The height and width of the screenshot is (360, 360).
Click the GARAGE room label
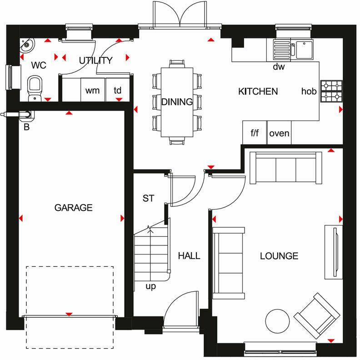pos(73,208)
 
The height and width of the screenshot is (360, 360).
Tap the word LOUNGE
pos(279,256)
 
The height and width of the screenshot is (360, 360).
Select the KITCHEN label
pos(258,91)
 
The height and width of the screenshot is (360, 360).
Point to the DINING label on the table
pos(177,102)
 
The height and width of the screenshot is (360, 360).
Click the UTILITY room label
pos(95,60)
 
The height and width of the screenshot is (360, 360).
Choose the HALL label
pos(189,256)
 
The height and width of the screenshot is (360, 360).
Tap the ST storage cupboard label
pos(148,198)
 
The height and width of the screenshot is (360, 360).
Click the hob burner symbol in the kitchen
pos(331,91)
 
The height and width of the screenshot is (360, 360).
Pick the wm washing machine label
pos(92,90)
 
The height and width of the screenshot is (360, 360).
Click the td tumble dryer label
pos(118,90)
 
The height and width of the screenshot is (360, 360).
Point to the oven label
pos(279,133)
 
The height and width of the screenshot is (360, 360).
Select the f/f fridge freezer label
pos(255,133)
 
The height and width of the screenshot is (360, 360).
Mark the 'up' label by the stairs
pos(151,286)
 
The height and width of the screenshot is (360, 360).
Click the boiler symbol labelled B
pos(25,115)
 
